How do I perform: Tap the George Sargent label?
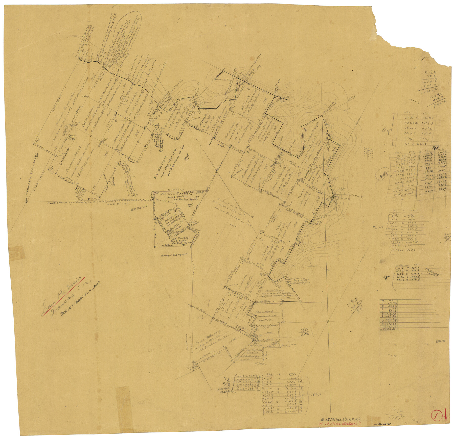174,255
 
